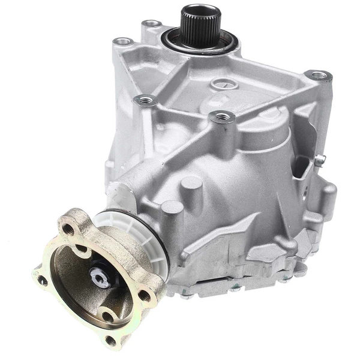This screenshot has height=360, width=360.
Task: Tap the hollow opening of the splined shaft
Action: [200, 11]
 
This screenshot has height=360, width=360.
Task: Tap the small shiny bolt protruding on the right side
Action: [320, 159]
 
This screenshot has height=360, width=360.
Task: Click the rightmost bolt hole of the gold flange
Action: [145, 295]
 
